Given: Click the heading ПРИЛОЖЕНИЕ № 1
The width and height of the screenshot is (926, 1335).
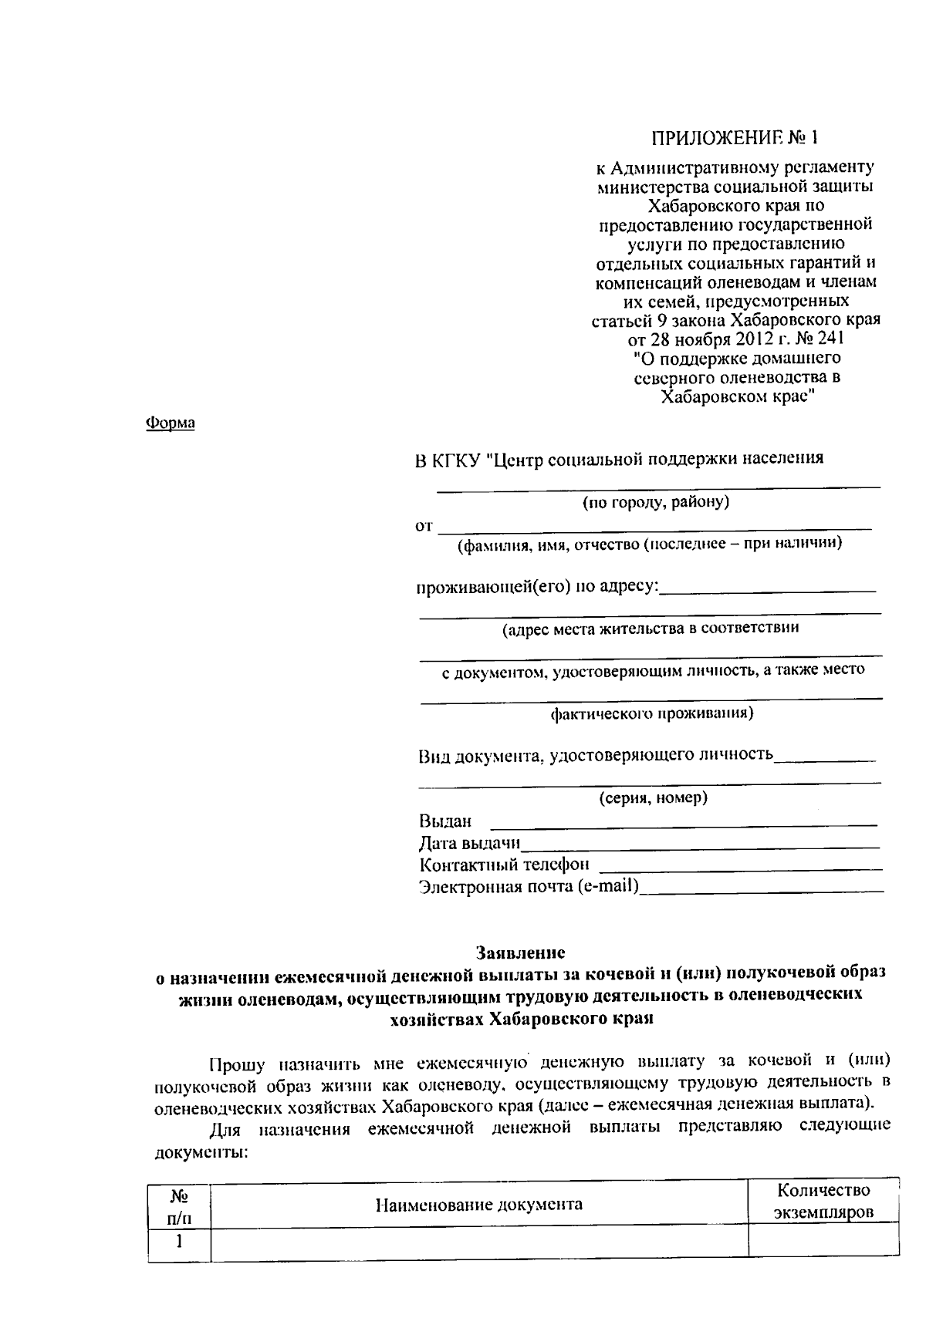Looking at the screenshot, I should pos(733,139).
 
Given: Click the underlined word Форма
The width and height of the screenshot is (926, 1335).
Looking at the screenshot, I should pos(171,423).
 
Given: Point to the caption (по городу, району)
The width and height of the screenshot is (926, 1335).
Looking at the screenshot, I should pos(655,503).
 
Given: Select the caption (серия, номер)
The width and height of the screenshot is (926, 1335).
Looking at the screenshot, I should pos(653,798).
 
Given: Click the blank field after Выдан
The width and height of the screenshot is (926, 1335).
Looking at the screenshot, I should pos(684,822).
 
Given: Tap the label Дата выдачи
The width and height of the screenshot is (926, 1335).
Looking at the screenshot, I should pos(469,843).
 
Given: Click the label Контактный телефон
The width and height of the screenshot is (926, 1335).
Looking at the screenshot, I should pos(504,865).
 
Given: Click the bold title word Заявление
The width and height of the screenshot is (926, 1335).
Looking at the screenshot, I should pos(520,952).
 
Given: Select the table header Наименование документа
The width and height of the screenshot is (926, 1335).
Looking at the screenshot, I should pos(478,1204).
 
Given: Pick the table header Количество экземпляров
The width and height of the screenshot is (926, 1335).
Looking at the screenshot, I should pos(823,1201).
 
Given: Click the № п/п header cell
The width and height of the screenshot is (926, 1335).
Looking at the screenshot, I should pos(179,1207).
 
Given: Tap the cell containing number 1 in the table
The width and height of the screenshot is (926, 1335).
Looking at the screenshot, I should pos(179,1242).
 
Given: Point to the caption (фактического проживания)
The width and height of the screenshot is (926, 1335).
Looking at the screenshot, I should pos(651,713).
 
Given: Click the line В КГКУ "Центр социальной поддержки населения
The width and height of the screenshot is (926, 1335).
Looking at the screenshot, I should pos(620,458).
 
